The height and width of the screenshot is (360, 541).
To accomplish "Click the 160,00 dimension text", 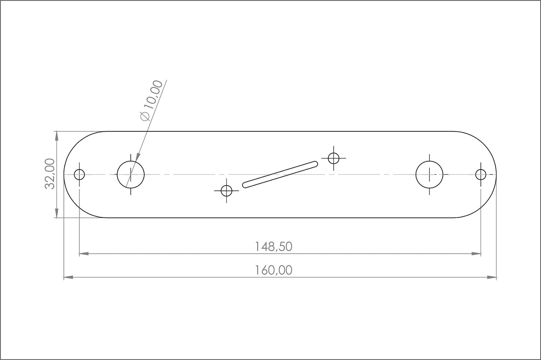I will click(x=273, y=270).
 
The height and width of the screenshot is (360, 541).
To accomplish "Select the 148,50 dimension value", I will click(x=273, y=247).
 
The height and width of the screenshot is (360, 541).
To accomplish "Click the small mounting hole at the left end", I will click(x=79, y=174).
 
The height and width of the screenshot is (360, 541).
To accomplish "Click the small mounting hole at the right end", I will click(x=481, y=174).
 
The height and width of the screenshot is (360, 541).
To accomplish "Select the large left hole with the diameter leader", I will click(x=131, y=174).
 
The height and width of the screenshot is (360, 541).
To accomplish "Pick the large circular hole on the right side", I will click(x=429, y=174).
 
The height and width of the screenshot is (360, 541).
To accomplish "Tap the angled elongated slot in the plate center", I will click(x=280, y=174).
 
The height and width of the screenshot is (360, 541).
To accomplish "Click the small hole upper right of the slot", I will click(x=333, y=158).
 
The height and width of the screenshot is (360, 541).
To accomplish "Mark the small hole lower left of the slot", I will click(x=227, y=190).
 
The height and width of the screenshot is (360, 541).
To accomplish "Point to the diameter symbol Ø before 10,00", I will click(x=145, y=116).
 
